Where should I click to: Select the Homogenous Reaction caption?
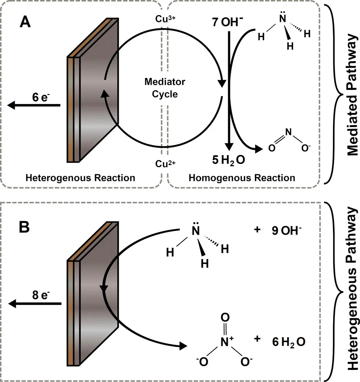242,178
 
